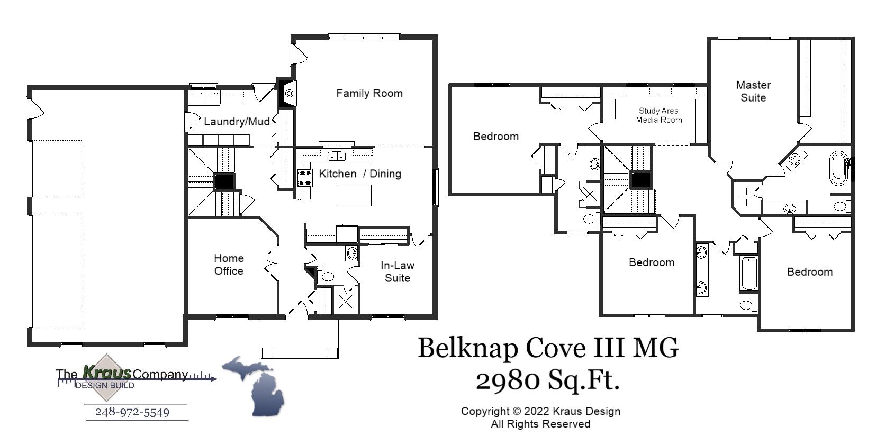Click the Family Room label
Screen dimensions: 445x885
click(x=369, y=94)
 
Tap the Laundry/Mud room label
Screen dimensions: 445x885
click(x=237, y=122)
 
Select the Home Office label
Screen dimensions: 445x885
click(x=229, y=265)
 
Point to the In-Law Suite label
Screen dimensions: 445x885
click(x=397, y=271)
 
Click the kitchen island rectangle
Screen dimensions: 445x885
click(x=353, y=195)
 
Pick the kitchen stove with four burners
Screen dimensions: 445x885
click(x=304, y=177)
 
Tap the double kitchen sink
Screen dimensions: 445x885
click(x=336, y=156)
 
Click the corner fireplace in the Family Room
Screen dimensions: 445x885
click(x=287, y=94)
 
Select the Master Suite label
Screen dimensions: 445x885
click(x=753, y=91)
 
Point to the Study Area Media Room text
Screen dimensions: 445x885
click(x=658, y=115)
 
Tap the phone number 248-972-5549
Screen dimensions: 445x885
click(x=132, y=412)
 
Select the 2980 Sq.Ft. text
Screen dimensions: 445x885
click(x=547, y=380)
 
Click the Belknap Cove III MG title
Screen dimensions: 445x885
click(x=548, y=348)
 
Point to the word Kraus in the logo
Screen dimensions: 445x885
click(x=106, y=373)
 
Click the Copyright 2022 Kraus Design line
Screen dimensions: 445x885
click(x=540, y=411)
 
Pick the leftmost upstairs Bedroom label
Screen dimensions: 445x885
click(x=495, y=137)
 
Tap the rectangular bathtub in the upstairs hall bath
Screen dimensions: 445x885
click(x=748, y=274)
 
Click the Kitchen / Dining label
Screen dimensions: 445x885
click(x=360, y=174)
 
